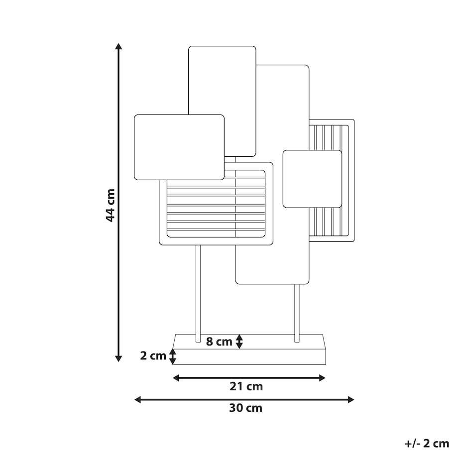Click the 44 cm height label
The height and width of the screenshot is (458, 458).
coord(111,205)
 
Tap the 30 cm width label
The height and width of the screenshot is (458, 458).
coord(245,408)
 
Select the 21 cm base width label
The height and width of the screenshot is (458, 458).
coord(246,386)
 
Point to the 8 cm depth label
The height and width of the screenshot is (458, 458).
coord(219,342)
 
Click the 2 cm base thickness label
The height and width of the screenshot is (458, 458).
coord(153,356)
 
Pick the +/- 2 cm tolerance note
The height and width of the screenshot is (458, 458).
coord(427,444)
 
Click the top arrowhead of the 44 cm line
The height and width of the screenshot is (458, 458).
coord(118,46)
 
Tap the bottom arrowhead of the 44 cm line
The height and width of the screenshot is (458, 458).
coord(118,358)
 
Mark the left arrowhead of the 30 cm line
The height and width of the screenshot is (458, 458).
coord(137,400)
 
